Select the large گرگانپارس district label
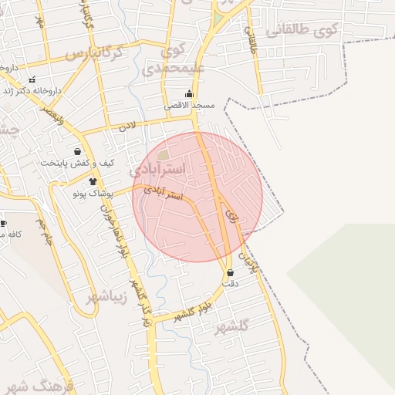click(93, 54)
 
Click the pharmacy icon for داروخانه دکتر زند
click(32, 79)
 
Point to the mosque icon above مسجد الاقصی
click(189, 94)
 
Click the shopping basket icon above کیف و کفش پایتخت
click(77, 152)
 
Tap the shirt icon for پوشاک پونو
click(93, 182)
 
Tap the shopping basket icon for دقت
click(230, 272)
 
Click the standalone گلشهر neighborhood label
click(232, 326)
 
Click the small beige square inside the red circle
click(163, 157)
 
